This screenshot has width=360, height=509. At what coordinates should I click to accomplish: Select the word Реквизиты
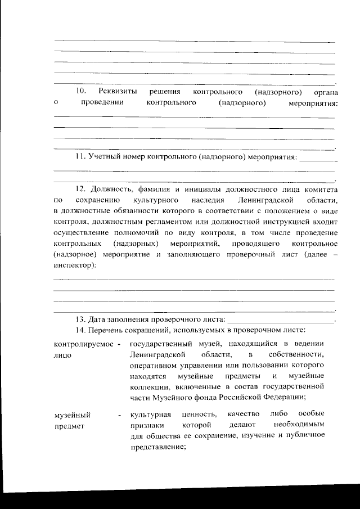tap(116, 91)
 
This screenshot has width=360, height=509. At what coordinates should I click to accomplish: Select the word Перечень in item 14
tap(107, 330)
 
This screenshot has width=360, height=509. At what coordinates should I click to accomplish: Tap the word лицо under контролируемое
tap(62, 355)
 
